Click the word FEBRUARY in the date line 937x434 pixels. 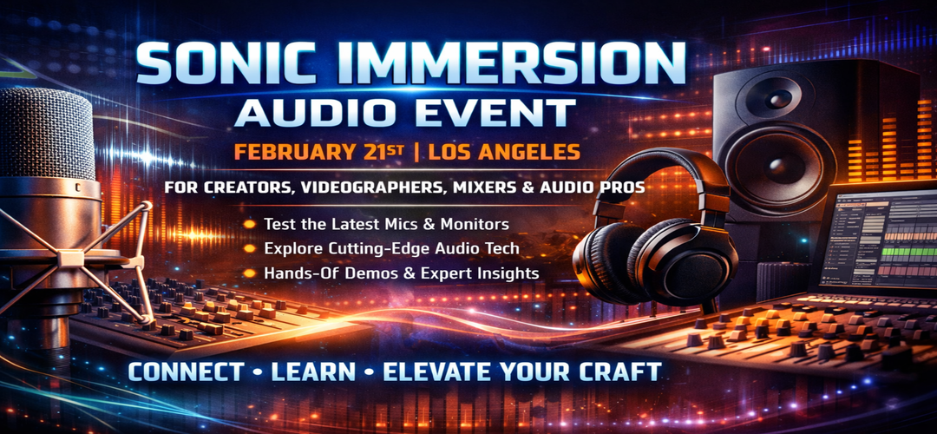[x=293, y=152]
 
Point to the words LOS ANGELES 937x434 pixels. [x=505, y=152]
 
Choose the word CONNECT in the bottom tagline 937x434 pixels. [x=186, y=372]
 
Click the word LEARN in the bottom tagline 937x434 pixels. [x=313, y=372]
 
